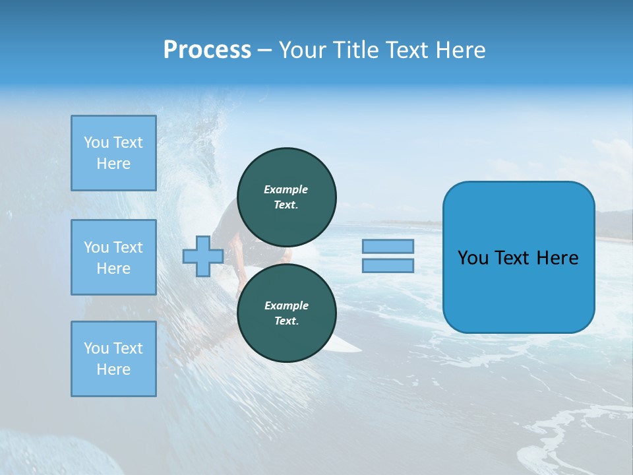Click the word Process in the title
pyautogui.click(x=207, y=50)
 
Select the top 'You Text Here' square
pyautogui.click(x=113, y=153)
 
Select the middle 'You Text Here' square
pyautogui.click(x=113, y=257)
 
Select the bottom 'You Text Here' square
pyautogui.click(x=113, y=359)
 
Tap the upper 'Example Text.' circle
pyautogui.click(x=287, y=197)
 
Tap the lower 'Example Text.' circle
pyautogui.click(x=287, y=313)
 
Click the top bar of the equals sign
pyautogui.click(x=388, y=247)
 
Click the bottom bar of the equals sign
pyautogui.click(x=388, y=266)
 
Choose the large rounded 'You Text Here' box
pyautogui.click(x=518, y=257)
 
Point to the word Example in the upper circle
pyautogui.click(x=286, y=189)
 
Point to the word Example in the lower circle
pyautogui.click(x=286, y=305)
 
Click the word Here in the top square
pyautogui.click(x=113, y=164)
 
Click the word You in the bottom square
pyautogui.click(x=96, y=348)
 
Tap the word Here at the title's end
pyautogui.click(x=462, y=50)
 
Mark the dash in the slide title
pyautogui.click(x=264, y=51)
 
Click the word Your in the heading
pyautogui.click(x=303, y=50)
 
